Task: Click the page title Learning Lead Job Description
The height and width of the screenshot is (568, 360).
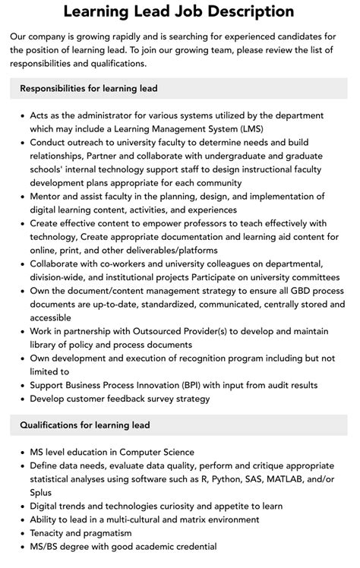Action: coord(179,12)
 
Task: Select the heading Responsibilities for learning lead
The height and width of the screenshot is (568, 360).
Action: coord(89,88)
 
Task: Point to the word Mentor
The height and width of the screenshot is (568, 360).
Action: coord(48,196)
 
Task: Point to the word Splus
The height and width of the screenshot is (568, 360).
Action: coord(44,492)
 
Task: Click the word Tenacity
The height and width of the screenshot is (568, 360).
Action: coord(51,533)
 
